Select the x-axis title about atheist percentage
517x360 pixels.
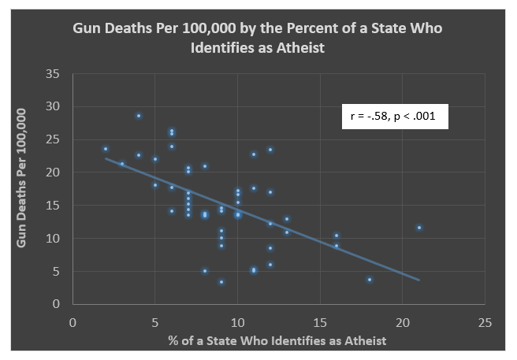point(277,340)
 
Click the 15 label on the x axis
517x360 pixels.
point(320,321)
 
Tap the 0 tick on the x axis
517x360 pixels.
point(73,321)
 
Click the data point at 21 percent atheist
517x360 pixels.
point(419,228)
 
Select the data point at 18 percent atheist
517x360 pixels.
point(370,279)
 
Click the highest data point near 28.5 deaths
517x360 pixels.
point(139,116)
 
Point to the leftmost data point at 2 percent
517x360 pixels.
point(106,149)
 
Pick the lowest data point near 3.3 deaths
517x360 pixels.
point(221,282)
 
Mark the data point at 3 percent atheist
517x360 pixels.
point(122,164)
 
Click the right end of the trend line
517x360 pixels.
point(419,280)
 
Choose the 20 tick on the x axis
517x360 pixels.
point(402,321)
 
